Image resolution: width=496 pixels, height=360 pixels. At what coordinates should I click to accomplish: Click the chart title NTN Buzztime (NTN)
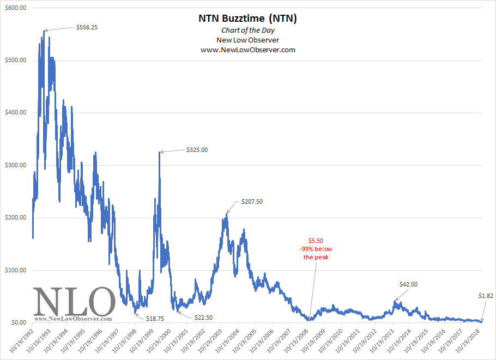(x=247, y=19)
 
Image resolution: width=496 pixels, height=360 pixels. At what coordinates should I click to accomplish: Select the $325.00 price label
(x=197, y=149)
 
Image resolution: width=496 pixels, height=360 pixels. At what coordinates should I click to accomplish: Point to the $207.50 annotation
(x=252, y=202)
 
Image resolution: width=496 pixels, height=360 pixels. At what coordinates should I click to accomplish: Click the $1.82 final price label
(x=486, y=296)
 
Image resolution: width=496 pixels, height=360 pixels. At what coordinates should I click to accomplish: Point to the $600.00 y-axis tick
(x=15, y=8)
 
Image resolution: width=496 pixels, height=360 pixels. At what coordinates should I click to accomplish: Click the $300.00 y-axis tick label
(x=15, y=166)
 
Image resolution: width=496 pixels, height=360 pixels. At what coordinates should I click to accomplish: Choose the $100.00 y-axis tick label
(x=15, y=271)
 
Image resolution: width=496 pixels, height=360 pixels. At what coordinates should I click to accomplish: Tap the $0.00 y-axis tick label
(x=17, y=323)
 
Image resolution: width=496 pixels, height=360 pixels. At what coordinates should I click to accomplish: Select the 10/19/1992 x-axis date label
(x=21, y=340)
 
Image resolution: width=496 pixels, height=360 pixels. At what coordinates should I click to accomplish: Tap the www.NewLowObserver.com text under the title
(x=247, y=50)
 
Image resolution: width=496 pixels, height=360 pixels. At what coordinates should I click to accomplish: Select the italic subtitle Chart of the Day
(x=247, y=30)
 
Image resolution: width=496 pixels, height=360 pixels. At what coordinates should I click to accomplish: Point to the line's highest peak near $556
(x=44, y=31)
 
